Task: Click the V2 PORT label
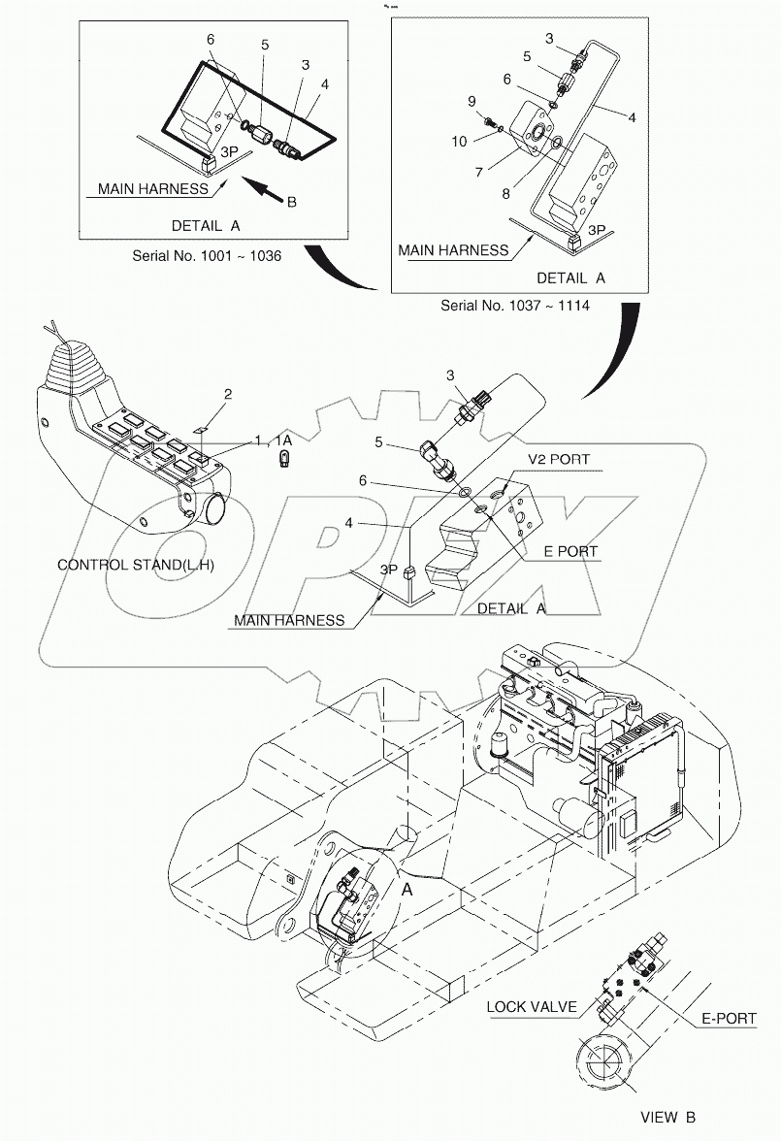[x=558, y=459]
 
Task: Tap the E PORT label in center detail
[x=570, y=551]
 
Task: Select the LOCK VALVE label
[x=532, y=1007]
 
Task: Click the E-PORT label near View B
[x=729, y=1019]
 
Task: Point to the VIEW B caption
[x=667, y=1117]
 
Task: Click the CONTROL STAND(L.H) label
[x=136, y=565]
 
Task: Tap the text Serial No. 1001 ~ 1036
[x=207, y=256]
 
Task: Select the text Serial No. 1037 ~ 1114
[x=514, y=306]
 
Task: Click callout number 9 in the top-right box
[x=472, y=101]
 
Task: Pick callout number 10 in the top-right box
[x=459, y=142]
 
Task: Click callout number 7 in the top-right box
[x=479, y=173]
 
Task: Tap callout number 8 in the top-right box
[x=505, y=194]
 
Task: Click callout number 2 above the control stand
[x=228, y=394]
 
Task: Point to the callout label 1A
[x=283, y=440]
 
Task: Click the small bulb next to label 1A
[x=285, y=458]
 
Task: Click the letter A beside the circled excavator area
[x=407, y=889]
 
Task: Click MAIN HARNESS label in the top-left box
[x=153, y=189]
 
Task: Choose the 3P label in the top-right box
[x=597, y=230]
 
